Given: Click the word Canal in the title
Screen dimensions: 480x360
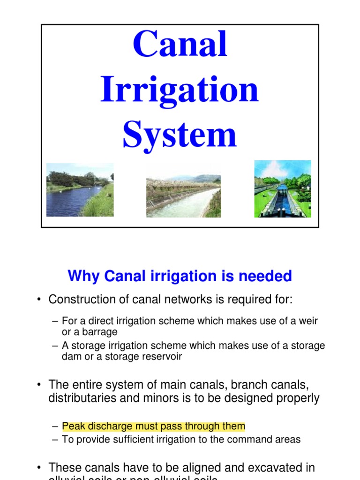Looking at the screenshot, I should (180, 45).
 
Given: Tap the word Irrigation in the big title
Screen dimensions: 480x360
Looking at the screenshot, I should (180, 90).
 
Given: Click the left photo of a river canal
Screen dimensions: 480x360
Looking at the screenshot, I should (80, 190).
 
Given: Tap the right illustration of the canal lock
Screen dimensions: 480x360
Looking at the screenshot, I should (283, 189).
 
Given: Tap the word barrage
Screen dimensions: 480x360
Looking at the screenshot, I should (99, 332).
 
